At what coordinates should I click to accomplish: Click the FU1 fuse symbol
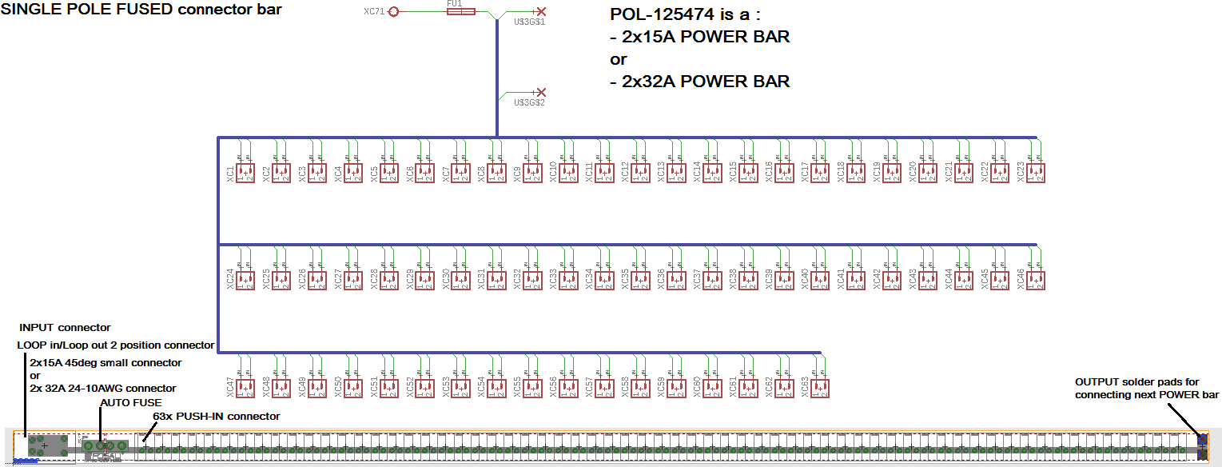click(460, 12)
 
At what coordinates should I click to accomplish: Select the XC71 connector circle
click(393, 12)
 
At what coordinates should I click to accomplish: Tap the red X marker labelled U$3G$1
click(541, 12)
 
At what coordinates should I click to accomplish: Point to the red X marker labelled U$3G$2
click(541, 93)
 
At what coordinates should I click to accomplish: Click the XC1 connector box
click(245, 172)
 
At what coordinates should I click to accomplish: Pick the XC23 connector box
click(1036, 172)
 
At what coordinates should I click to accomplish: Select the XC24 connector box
click(245, 280)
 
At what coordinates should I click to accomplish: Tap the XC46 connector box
click(1036, 280)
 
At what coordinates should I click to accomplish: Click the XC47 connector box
click(245, 389)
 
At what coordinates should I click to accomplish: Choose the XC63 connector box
click(820, 389)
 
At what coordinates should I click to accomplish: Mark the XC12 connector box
click(640, 172)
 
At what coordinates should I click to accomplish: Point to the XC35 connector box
click(640, 280)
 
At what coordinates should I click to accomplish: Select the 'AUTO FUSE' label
click(130, 403)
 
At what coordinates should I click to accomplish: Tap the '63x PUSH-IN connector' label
click(216, 417)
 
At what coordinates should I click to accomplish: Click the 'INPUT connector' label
click(65, 328)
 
